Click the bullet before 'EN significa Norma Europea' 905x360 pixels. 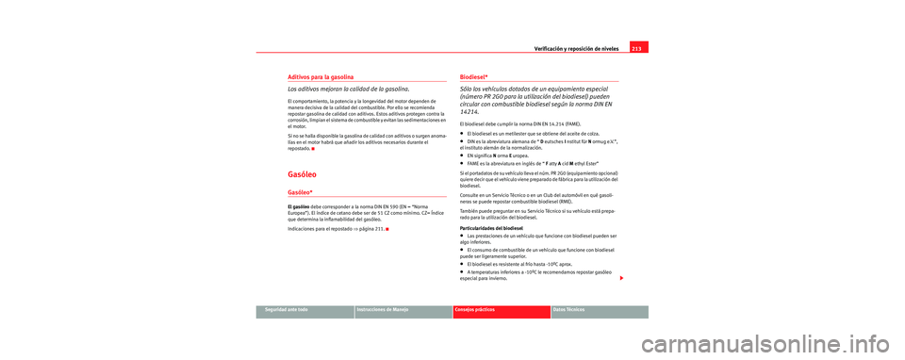[462, 155]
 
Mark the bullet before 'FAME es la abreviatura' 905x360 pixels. [462, 163]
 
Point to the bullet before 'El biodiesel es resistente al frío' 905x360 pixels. [462, 264]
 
